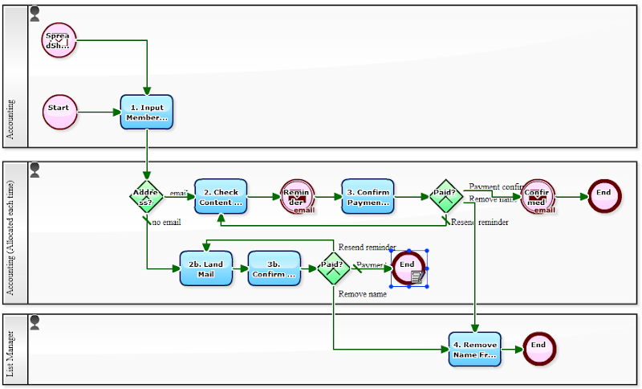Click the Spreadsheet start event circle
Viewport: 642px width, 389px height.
[59, 40]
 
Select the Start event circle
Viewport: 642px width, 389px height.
[59, 111]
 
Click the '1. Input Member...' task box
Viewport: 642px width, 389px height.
[147, 113]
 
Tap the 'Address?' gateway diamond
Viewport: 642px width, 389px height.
[147, 196]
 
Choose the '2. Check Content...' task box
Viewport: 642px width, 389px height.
[221, 196]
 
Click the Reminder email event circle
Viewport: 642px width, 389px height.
[298, 197]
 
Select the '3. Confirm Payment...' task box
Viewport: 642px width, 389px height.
[368, 196]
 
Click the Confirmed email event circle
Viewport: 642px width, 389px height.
[537, 197]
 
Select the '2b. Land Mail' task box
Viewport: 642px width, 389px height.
[206, 268]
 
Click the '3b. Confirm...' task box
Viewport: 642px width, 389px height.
[274, 268]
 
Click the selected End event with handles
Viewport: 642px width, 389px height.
[408, 268]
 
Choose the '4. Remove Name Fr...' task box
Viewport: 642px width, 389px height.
[474, 349]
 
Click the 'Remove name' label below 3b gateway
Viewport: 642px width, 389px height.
[363, 294]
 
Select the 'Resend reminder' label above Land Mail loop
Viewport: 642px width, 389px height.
[367, 247]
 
